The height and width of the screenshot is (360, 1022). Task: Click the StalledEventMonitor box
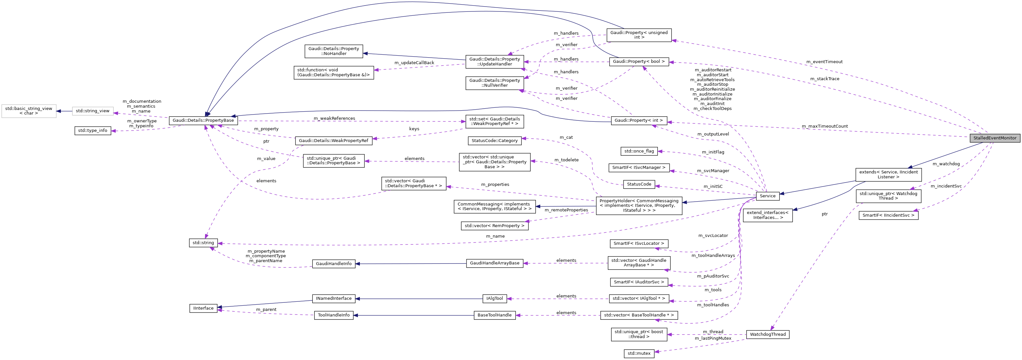[995, 138]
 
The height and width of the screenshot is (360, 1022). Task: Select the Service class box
[767, 196]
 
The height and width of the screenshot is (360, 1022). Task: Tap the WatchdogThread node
[767, 334]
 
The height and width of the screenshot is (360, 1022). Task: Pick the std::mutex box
[639, 353]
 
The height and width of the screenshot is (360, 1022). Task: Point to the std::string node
[203, 243]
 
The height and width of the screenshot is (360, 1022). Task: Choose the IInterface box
[203, 308]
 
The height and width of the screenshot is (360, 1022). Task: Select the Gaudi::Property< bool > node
[639, 62]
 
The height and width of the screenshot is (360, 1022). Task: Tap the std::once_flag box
[639, 151]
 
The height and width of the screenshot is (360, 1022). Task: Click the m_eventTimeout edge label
[824, 62]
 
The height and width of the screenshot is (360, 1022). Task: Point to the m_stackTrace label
[824, 79]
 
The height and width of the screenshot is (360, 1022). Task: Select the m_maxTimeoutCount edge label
[824, 126]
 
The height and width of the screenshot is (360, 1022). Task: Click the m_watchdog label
[946, 164]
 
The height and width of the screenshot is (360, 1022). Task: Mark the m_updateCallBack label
[414, 63]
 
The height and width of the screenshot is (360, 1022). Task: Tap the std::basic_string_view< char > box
[28, 111]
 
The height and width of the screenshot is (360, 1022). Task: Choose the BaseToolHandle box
[494, 315]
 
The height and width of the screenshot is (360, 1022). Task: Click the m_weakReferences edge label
[334, 118]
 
